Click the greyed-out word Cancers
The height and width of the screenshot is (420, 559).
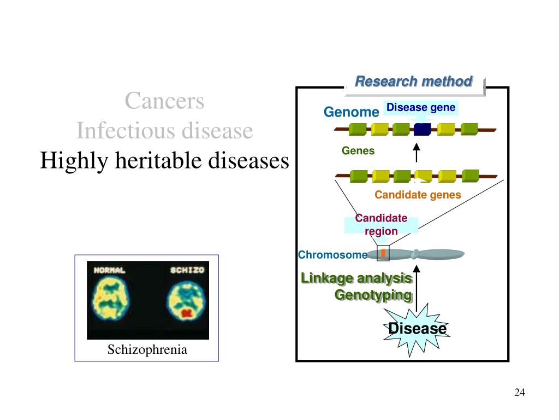click(x=164, y=101)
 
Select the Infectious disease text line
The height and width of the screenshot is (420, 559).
click(x=165, y=130)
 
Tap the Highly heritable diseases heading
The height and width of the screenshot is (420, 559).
click(x=164, y=160)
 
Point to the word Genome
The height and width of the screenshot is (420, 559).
click(x=351, y=112)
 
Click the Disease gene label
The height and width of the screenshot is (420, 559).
click(x=421, y=108)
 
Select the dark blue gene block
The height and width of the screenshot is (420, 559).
click(x=423, y=129)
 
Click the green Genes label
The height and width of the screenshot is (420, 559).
click(x=358, y=151)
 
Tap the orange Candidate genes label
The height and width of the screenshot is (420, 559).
click(x=418, y=195)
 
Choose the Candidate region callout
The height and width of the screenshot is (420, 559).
click(x=381, y=225)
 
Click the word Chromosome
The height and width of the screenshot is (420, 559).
click(x=332, y=255)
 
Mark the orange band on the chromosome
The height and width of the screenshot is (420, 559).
click(x=383, y=253)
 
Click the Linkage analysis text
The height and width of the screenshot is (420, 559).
click(x=356, y=278)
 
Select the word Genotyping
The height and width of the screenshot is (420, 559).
click(x=373, y=295)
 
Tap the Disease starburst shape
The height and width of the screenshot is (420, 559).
click(x=417, y=329)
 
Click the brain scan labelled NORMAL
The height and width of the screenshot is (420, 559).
click(x=110, y=299)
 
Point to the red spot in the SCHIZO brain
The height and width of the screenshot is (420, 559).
click(x=187, y=313)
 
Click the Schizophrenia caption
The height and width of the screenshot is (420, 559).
click(x=147, y=349)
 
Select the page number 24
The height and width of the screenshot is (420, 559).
click(x=520, y=392)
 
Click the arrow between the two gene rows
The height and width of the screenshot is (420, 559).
click(x=416, y=153)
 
